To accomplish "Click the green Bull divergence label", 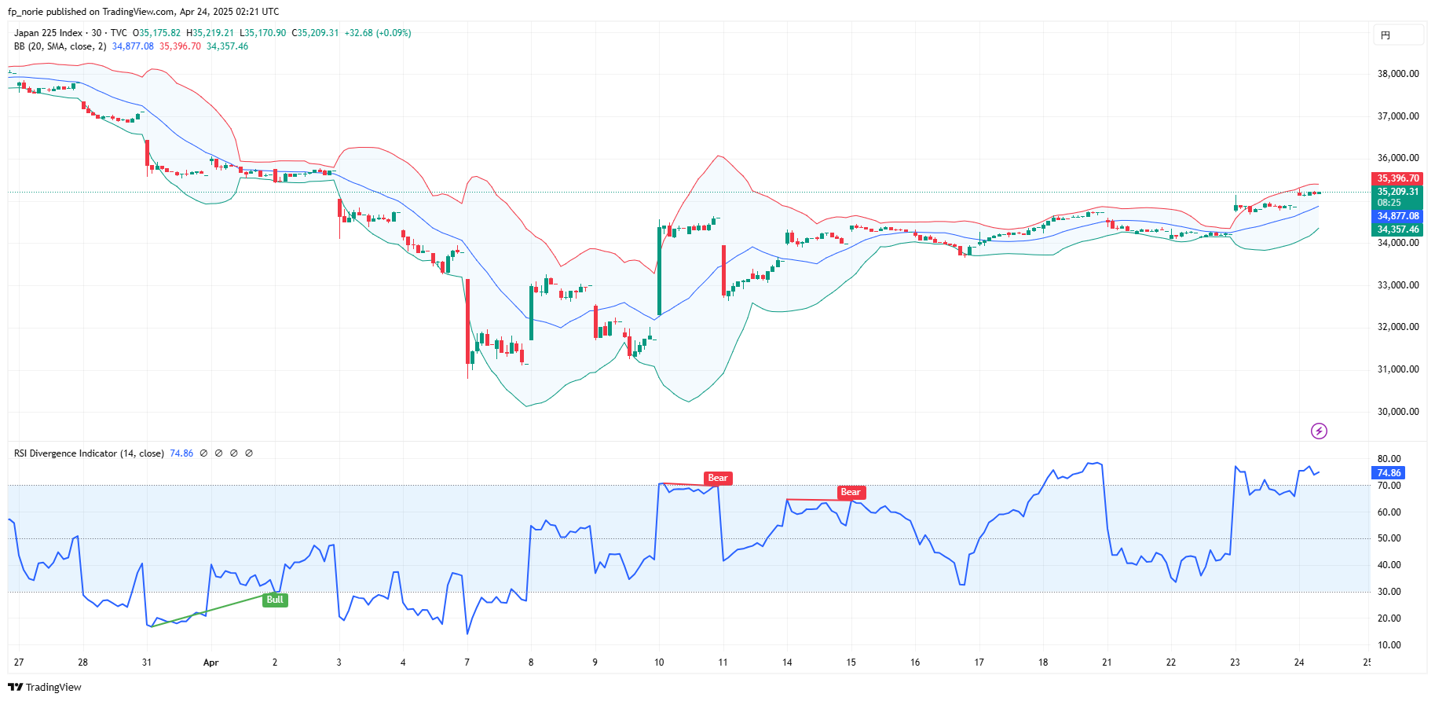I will click(275, 600).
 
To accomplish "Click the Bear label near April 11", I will click(718, 478).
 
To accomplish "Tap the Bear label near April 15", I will click(851, 492).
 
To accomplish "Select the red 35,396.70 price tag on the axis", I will click(1397, 178).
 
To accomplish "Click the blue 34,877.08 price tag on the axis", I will click(1397, 216).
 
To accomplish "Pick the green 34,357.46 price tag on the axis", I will click(1397, 229).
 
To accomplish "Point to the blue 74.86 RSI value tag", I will click(1389, 473).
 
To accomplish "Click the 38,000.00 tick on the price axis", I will click(1398, 74).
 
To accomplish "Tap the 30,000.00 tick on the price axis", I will click(1398, 412).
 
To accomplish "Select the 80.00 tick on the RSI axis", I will click(1389, 459).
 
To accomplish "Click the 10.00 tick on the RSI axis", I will click(1389, 645).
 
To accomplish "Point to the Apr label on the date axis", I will click(210, 662).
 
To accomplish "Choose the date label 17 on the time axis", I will click(979, 662).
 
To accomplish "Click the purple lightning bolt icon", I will click(1319, 431).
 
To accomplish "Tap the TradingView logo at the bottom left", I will click(45, 687).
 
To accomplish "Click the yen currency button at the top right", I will click(1397, 35).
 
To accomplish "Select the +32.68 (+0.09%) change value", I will click(378, 33).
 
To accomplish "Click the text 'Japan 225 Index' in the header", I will click(48, 33).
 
